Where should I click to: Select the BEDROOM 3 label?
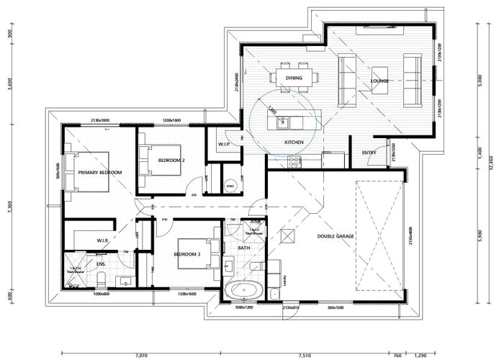[x=189, y=254]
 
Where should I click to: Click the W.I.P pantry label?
[x=224, y=143]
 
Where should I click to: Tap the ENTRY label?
[x=369, y=152]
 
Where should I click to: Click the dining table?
[x=293, y=77]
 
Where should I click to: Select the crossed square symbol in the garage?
[x=287, y=235]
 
